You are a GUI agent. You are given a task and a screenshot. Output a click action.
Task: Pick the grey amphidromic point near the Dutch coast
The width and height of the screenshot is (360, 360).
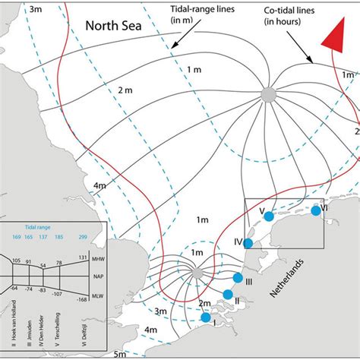(x=196, y=273)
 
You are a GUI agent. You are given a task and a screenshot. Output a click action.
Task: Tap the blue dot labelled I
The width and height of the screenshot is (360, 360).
(x=205, y=317)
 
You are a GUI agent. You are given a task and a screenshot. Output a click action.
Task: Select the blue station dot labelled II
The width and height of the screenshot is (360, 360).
(x=228, y=295)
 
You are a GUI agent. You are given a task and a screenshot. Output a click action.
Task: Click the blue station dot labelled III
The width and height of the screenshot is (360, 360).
(x=238, y=277)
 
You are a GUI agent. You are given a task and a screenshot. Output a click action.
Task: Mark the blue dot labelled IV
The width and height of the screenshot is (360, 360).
(x=247, y=242)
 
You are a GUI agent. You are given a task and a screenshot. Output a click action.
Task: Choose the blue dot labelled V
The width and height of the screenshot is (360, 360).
(x=268, y=216)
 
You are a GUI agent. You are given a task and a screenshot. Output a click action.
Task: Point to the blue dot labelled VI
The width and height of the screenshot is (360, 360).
(x=316, y=210)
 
